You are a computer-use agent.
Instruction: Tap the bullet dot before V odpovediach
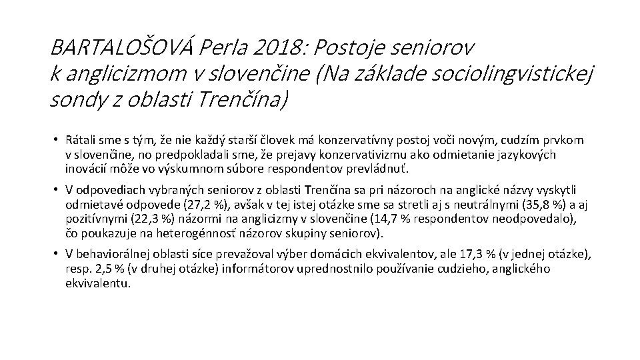click(58, 190)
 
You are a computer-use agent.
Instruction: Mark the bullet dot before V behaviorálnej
click(58, 254)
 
